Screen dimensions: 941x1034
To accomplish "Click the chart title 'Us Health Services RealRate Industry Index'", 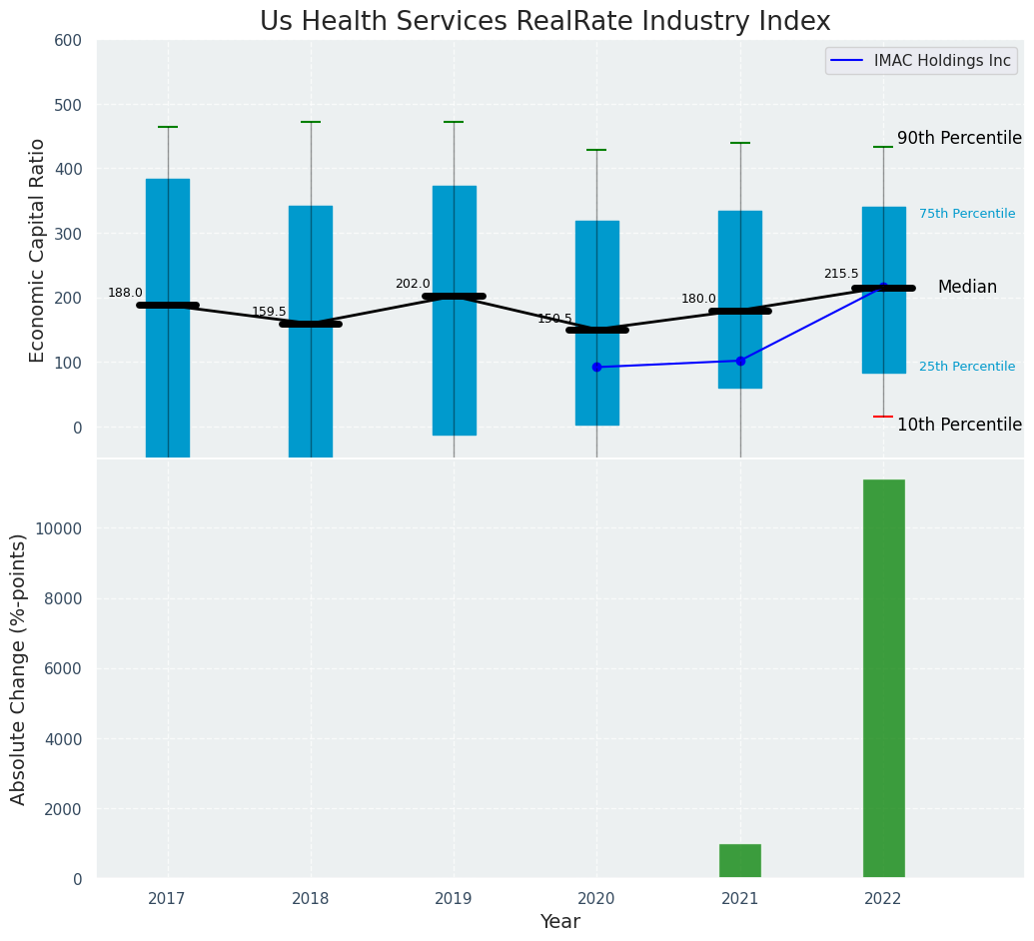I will (544, 22).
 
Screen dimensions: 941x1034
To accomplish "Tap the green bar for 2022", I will (883, 678).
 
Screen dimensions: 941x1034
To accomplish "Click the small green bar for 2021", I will (740, 861).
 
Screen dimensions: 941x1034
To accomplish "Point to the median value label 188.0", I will (125, 293).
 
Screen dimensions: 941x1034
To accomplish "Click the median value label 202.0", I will (412, 284).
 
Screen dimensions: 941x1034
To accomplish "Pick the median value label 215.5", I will (841, 274).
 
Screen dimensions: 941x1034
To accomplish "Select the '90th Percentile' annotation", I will (959, 139).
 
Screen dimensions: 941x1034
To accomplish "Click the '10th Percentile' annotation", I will (959, 425).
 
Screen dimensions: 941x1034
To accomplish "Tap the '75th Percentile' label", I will (967, 214).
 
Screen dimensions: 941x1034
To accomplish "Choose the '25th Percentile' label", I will (967, 367).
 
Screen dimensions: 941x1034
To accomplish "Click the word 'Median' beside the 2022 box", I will (967, 288).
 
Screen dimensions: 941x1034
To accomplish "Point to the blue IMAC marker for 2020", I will (597, 367).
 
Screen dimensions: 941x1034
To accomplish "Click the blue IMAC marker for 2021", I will (740, 361).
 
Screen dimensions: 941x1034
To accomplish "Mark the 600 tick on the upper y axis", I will (73, 41).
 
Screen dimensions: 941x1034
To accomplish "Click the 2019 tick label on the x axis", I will (454, 899).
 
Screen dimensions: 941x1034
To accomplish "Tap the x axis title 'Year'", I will (560, 922).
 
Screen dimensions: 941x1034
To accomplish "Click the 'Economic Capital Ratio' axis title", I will (38, 250).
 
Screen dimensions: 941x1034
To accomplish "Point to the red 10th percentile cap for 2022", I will (883, 417).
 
